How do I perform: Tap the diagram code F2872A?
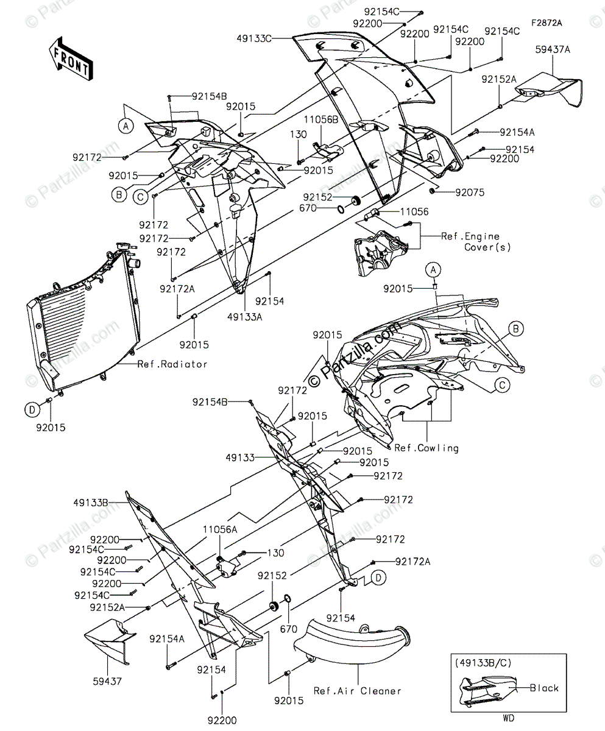click(546, 23)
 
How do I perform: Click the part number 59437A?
click(553, 51)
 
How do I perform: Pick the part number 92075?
click(469, 192)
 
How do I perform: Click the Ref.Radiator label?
click(172, 364)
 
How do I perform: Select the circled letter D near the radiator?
click(32, 410)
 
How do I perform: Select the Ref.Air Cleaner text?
click(358, 691)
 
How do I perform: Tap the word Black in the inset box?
click(544, 688)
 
